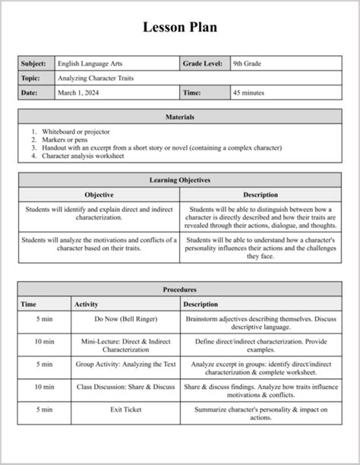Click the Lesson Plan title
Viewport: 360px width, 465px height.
180,28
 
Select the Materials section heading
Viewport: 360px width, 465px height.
180,117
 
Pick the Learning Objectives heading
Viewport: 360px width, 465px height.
180,180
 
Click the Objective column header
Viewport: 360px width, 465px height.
99,195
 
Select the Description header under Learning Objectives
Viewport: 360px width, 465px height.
261,195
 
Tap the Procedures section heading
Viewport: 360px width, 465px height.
180,289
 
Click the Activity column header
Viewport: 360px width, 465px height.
86,304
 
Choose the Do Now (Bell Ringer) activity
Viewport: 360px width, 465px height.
126,319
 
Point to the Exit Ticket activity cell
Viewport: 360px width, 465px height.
126,410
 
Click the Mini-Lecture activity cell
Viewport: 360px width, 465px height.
126,346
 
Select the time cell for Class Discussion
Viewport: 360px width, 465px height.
44,387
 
